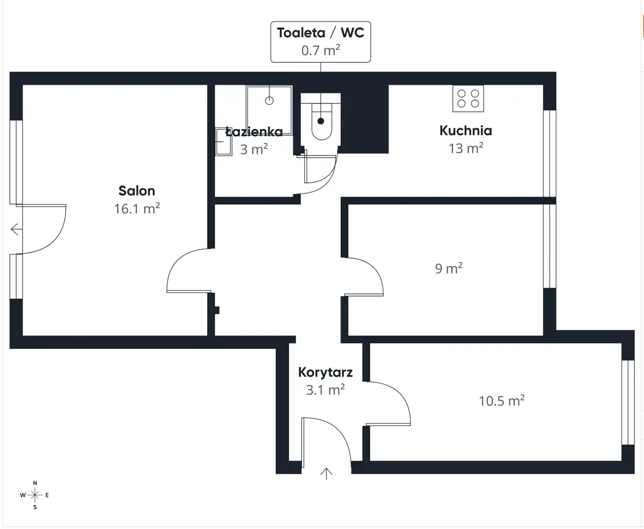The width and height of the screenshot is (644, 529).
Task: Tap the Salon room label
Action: [137, 191]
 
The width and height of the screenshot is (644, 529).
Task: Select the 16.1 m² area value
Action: [137, 209]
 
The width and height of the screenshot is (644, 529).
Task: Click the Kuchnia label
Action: [466, 131]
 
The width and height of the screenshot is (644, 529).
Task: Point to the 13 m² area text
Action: [466, 148]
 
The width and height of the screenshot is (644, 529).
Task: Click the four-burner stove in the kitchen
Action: [468, 98]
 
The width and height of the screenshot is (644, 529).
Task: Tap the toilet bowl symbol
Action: [321, 122]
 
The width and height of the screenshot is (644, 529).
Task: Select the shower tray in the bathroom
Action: [269, 110]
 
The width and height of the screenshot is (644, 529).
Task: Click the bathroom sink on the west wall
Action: [223, 142]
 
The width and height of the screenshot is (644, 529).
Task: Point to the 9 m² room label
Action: [449, 269]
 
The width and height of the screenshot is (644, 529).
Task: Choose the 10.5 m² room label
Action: [502, 401]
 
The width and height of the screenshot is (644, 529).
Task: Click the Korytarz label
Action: [326, 373]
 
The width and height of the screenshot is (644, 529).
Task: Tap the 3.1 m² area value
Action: [326, 390]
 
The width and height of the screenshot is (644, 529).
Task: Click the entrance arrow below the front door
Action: [326, 474]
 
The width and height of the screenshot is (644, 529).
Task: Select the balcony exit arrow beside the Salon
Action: [16, 229]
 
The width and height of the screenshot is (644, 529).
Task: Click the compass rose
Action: [35, 495]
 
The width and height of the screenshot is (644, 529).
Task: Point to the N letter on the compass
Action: [35, 483]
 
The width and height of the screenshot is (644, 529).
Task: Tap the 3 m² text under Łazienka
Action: [254, 149]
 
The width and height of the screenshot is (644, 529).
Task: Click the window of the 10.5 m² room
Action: [628, 402]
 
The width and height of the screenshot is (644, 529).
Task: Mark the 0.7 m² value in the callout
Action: [320, 50]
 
